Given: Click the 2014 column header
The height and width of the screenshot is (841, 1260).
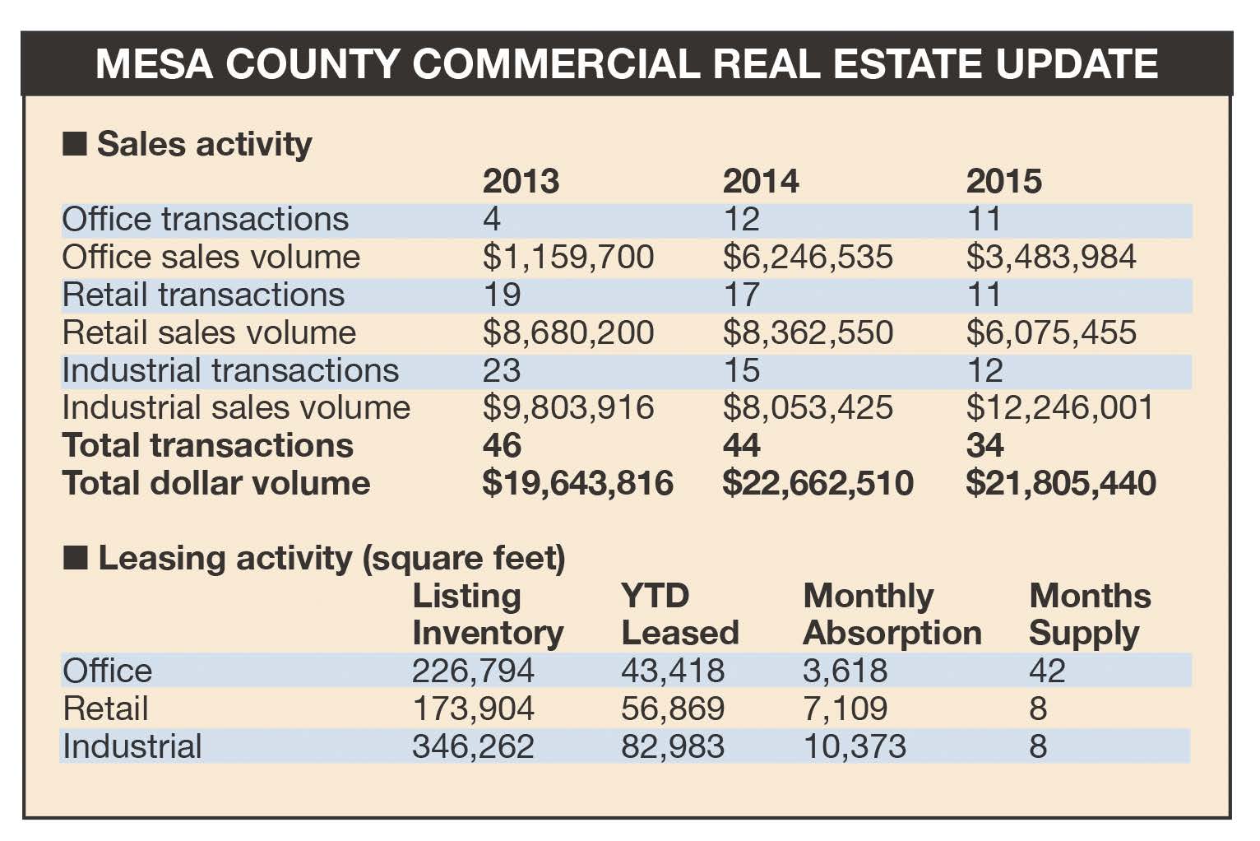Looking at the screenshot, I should tap(760, 182).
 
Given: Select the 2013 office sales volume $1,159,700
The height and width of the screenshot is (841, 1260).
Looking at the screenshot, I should tap(567, 258).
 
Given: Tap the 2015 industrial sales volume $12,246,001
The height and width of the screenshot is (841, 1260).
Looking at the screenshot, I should tap(1059, 408).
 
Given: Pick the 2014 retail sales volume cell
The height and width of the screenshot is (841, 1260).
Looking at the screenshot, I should tap(807, 333).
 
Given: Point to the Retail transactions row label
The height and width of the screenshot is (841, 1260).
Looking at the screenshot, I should tap(203, 295).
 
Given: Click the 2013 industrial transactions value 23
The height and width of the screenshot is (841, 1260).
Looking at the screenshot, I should tap(501, 370).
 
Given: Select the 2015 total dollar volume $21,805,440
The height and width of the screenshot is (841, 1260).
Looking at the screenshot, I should tap(1060, 484).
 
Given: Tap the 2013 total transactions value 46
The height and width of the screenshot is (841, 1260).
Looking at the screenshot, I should tap(502, 446).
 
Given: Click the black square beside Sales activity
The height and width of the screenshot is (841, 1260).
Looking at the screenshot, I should tap(75, 144).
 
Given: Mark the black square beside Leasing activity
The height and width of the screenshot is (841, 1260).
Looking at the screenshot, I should tap(75, 559).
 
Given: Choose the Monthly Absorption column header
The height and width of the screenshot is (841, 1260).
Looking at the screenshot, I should tap(892, 615).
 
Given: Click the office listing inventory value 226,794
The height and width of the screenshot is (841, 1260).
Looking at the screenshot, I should tap(473, 671).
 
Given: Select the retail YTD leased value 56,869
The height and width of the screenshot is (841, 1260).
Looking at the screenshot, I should tap(672, 709).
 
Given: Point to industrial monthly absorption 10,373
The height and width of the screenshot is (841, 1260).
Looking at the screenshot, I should tap(854, 747).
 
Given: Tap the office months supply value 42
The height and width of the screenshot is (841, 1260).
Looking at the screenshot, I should tap(1046, 671).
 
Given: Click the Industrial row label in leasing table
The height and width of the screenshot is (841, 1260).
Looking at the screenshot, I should tap(132, 747).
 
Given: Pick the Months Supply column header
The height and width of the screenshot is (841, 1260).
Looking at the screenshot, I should tap(1089, 615).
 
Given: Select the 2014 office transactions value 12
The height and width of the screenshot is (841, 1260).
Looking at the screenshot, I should tap(741, 220).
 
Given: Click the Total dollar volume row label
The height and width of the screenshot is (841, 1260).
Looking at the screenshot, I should tap(215, 484).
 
